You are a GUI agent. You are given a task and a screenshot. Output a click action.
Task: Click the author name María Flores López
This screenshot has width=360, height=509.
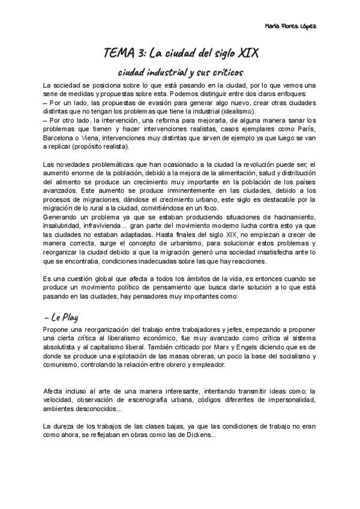(x=290, y=27)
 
